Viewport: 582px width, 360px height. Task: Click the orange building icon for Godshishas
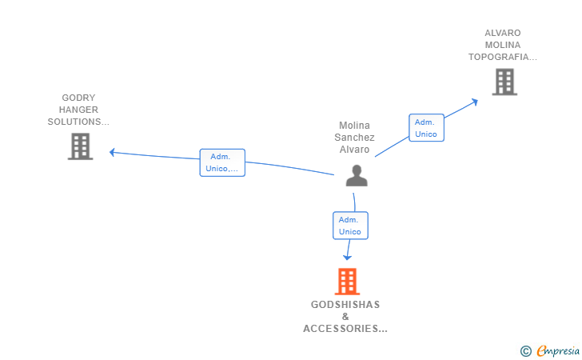[347, 282]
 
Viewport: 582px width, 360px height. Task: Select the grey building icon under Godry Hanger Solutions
[80, 146]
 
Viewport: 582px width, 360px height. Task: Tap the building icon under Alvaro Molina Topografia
[504, 82]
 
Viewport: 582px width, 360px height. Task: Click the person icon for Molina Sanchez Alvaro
[357, 175]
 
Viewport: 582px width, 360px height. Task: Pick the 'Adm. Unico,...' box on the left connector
[222, 162]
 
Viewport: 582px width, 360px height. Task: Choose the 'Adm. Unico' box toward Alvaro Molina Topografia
[426, 128]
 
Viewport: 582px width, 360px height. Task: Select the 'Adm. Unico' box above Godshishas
[350, 226]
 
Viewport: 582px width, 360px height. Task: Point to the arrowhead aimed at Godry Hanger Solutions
[112, 152]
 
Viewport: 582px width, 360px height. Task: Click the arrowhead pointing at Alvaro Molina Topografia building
[474, 102]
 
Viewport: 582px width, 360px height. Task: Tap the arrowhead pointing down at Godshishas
[347, 257]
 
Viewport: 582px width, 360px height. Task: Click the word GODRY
[78, 98]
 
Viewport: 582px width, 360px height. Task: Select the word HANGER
[78, 110]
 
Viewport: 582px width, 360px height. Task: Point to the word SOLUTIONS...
[74, 122]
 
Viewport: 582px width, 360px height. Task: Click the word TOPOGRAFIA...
[499, 57]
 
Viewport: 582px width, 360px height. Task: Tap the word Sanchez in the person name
[354, 138]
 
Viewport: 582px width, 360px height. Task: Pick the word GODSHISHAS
[345, 305]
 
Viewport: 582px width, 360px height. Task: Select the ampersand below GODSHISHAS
[345, 317]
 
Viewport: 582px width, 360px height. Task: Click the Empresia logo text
[558, 350]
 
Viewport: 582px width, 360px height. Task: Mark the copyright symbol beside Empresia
[526, 351]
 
